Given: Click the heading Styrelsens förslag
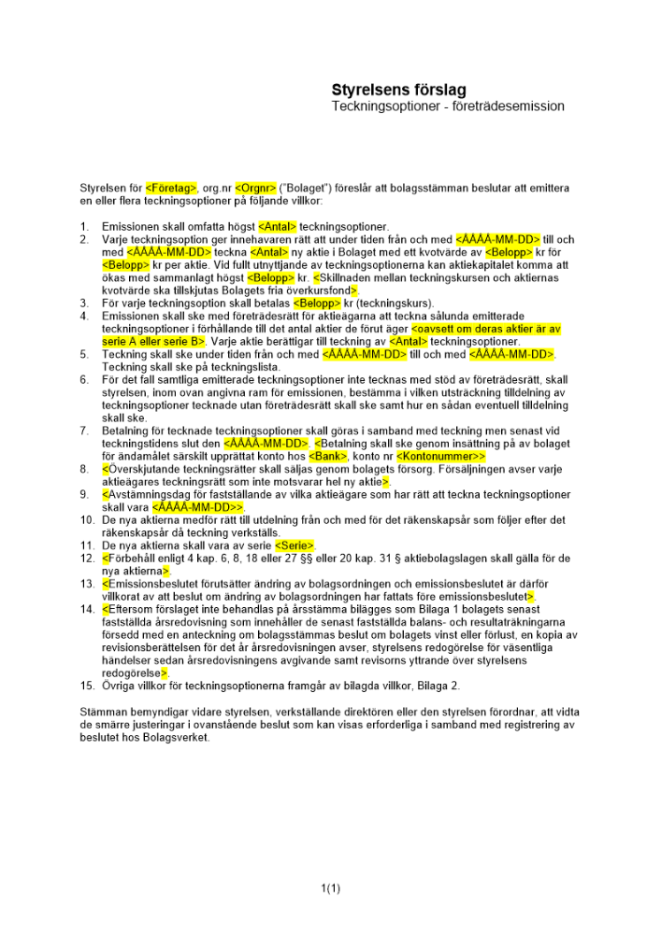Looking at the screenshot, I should (398, 91).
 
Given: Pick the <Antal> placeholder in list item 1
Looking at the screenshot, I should (277, 226).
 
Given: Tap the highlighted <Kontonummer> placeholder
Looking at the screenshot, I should (441, 456).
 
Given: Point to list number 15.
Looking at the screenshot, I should (86, 686).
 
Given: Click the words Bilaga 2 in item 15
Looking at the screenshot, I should (437, 686).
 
